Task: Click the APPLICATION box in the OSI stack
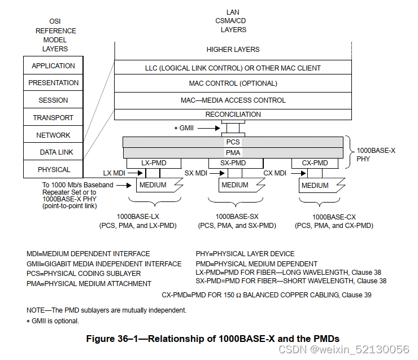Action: click(53, 65)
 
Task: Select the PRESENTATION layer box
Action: click(53, 82)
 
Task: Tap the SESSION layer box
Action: click(53, 100)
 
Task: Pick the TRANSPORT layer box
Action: click(53, 117)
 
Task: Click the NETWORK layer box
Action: click(53, 135)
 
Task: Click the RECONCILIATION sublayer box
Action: click(233, 114)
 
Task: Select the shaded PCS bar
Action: click(233, 142)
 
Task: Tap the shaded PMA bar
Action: click(233, 152)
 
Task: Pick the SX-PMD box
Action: click(233, 163)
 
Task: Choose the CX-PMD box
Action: click(315, 163)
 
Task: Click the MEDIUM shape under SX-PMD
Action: click(235, 185)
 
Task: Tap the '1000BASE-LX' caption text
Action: click(138, 217)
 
